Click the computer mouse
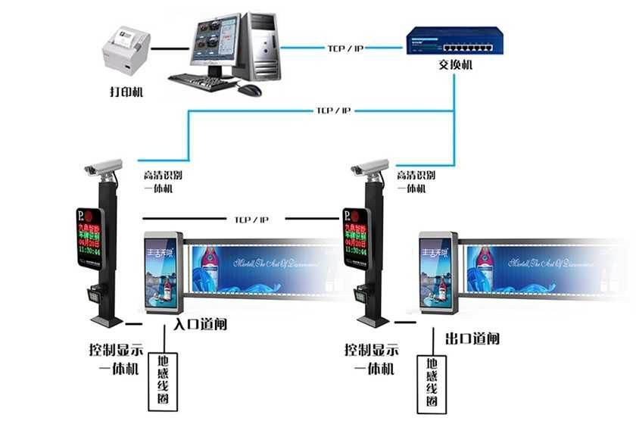point(249,89)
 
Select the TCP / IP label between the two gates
point(251,220)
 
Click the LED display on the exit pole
point(356,237)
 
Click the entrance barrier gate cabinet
point(161,273)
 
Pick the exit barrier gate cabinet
point(437,273)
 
